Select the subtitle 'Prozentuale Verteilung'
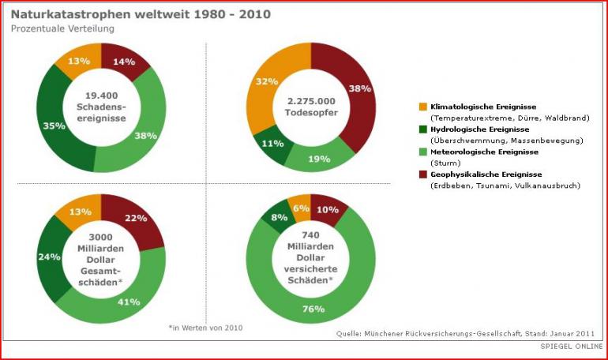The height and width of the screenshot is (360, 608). (x=62, y=28)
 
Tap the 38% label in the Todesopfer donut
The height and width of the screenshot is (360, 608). (x=359, y=88)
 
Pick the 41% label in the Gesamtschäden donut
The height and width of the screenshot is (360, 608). (x=129, y=301)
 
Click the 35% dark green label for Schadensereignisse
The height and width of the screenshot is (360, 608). (x=32, y=126)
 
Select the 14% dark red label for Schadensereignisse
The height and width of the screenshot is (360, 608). (x=125, y=61)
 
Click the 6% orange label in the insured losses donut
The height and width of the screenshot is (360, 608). (x=301, y=208)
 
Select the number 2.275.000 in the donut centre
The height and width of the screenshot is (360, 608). (x=311, y=100)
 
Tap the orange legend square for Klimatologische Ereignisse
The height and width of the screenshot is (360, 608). (x=423, y=107)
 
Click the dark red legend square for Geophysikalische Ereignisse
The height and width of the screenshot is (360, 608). (x=423, y=174)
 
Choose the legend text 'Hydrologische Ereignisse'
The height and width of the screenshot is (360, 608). (x=479, y=129)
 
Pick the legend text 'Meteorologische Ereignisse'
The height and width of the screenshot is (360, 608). (x=484, y=152)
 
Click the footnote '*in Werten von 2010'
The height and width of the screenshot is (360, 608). (x=205, y=327)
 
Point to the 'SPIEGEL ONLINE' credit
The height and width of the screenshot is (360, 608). (x=571, y=347)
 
